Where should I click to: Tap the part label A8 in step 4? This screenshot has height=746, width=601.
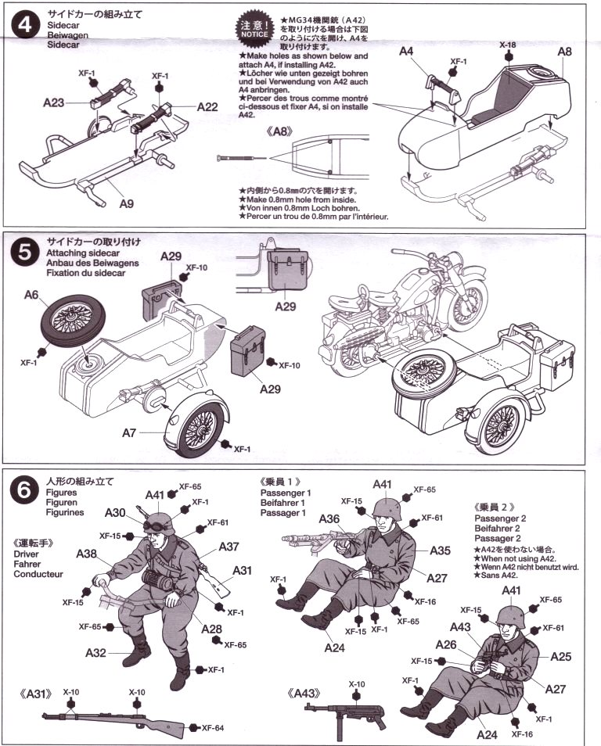[x=565, y=52]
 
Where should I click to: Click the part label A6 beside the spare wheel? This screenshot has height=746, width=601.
[x=32, y=295]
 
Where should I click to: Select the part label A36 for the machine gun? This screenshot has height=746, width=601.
[x=329, y=518]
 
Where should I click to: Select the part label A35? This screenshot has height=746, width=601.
[x=440, y=551]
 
